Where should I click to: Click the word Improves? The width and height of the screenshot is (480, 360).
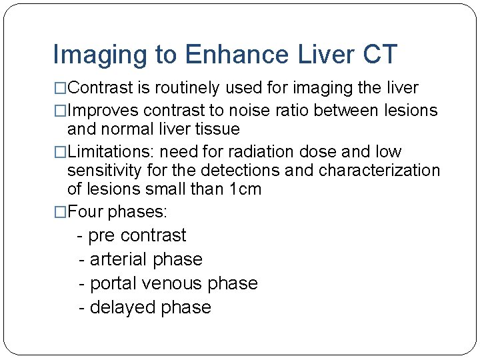[x=103, y=110]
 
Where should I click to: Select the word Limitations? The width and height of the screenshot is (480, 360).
[x=110, y=151]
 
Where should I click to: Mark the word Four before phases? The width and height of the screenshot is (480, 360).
[x=85, y=212]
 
